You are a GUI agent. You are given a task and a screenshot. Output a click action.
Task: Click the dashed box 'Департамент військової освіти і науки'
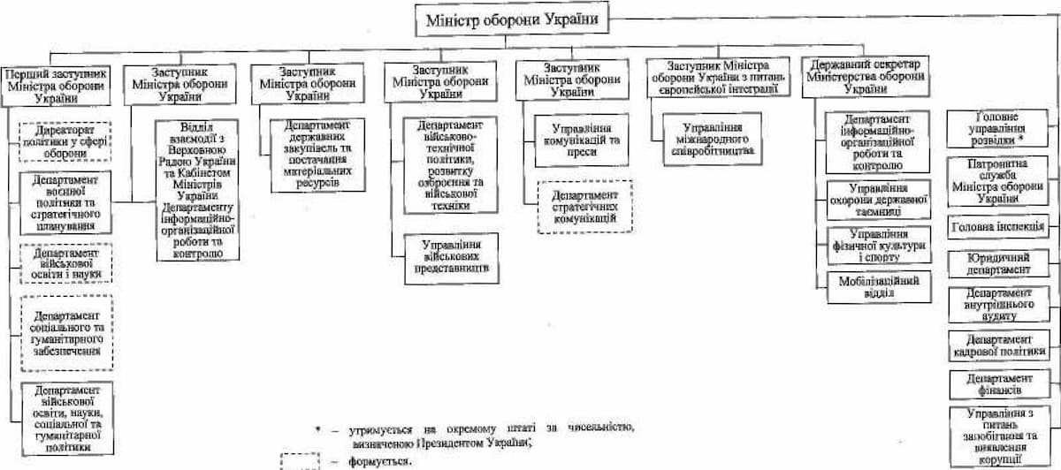pos(66,263)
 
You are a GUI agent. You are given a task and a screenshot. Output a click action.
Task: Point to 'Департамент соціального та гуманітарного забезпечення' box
pos(66,330)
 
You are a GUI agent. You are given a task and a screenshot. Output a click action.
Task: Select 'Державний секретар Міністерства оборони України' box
pos(864,78)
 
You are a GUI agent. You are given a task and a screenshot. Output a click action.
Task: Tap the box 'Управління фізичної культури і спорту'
pos(876,245)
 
